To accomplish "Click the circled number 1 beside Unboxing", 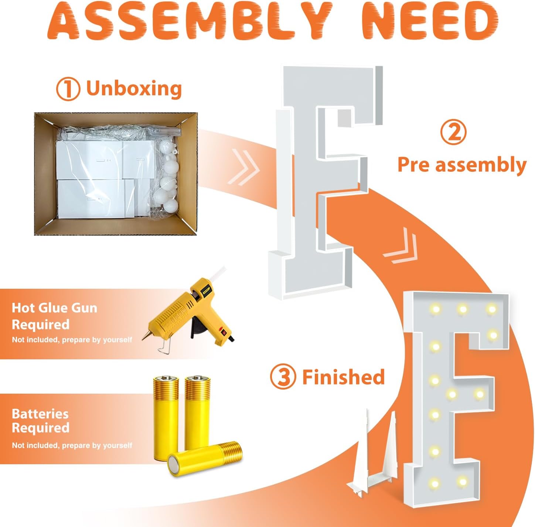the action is tap(68, 89).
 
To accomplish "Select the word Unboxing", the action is tap(134, 89).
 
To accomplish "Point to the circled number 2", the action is tap(454, 132).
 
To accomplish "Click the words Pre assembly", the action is tap(462, 164).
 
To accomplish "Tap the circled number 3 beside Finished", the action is tap(283, 377).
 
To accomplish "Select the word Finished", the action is tap(343, 377).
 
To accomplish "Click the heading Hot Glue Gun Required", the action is tap(54, 316).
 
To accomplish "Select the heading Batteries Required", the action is tap(41, 421).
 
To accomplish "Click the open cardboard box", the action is tap(116, 174).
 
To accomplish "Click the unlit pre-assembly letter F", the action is tap(325, 183).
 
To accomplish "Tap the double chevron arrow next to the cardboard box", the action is tap(243, 167).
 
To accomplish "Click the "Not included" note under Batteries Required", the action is tap(72, 446).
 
